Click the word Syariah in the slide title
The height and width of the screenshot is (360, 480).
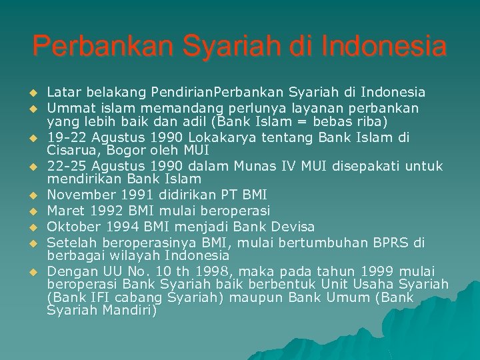[x=211, y=47]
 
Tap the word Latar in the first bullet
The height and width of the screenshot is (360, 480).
[x=61, y=91]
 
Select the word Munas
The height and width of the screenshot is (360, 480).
[x=245, y=166]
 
